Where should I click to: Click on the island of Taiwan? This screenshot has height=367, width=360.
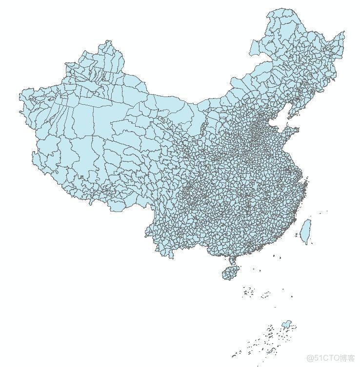click(305, 231)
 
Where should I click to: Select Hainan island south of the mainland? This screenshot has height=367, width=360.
click(230, 273)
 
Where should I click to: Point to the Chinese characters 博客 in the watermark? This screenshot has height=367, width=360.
click(347, 358)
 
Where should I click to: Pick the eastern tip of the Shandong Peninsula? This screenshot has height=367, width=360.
click(298, 130)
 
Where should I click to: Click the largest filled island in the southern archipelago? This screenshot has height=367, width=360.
click(288, 324)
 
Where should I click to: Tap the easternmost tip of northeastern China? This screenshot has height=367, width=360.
click(344, 32)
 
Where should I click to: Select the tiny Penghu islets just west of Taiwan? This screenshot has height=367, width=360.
click(296, 235)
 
